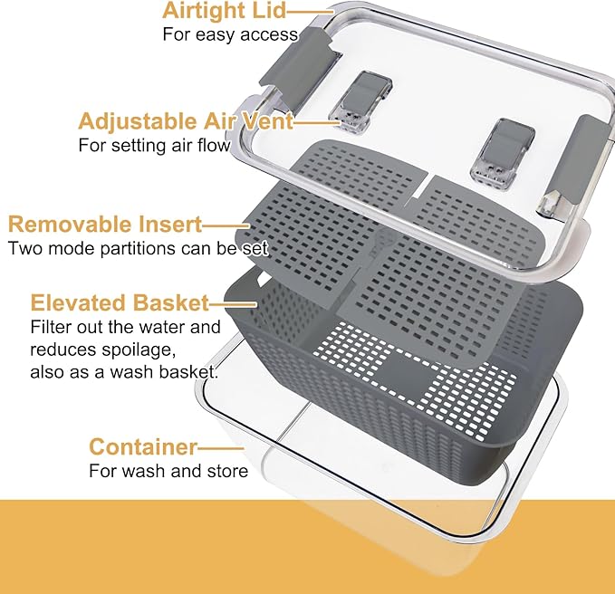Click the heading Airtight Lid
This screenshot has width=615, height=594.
(225, 11)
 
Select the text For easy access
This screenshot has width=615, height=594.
(230, 34)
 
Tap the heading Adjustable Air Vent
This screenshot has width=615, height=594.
(186, 121)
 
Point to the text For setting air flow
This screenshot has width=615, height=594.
(155, 146)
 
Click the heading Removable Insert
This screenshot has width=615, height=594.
(105, 225)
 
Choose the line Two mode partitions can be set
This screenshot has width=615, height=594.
(138, 249)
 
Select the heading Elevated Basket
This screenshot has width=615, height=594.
(120, 303)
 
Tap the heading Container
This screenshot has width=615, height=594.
(143, 446)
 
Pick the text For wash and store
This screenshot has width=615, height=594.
(168, 471)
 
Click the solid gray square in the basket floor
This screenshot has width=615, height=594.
(404, 369)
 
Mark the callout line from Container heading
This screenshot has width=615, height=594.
(220, 447)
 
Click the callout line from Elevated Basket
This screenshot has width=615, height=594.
(234, 304)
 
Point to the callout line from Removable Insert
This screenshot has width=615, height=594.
(226, 225)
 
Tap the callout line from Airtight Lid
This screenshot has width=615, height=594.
(311, 12)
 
